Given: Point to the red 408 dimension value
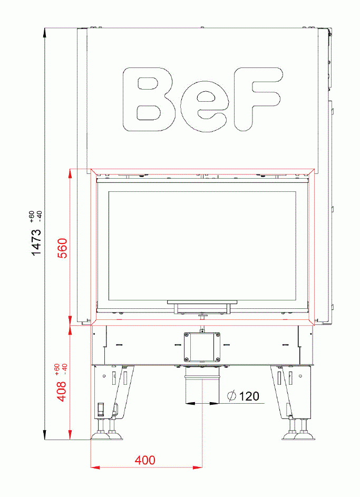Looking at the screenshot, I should click(x=62, y=391).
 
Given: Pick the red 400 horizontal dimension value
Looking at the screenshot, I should click(x=145, y=460).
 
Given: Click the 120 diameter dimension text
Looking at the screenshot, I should click(x=249, y=396).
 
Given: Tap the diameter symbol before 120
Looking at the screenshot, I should click(x=231, y=396).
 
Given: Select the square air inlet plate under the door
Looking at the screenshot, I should click(x=201, y=347).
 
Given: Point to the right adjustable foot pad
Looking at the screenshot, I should click(x=298, y=435).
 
